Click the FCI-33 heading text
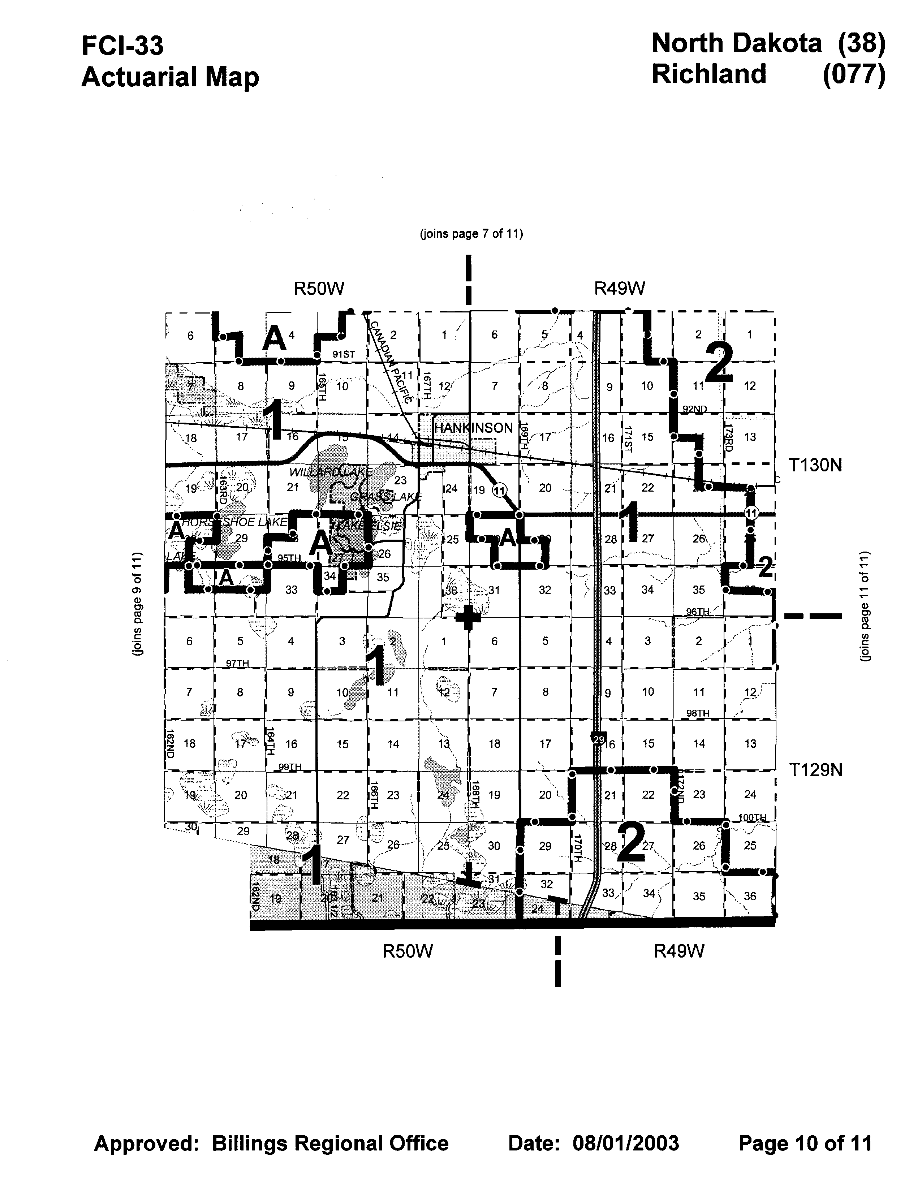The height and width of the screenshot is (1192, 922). (122, 45)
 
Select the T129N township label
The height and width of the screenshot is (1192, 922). (815, 770)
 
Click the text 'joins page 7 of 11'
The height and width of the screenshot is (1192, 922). (471, 234)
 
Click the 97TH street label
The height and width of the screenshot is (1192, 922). (237, 663)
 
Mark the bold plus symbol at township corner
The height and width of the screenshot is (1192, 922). (468, 617)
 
